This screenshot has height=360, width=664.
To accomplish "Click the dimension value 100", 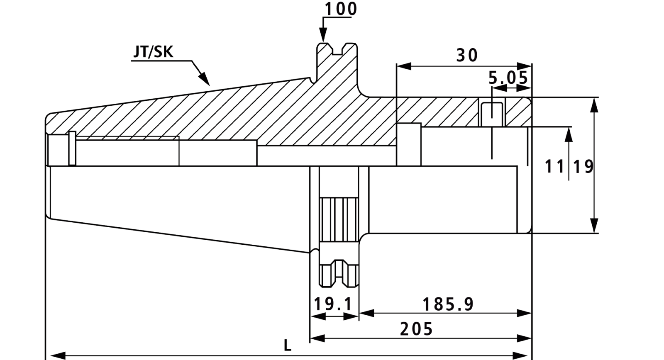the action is (341, 9).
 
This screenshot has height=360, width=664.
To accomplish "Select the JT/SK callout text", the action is (153, 52).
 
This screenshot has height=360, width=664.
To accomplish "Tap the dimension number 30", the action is (467, 55).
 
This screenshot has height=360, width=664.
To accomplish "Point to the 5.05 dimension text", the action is (508, 78).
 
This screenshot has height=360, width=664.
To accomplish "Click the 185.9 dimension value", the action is (448, 304).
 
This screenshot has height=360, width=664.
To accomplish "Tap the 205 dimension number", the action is (417, 329).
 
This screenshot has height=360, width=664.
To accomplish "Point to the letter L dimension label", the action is (288, 345).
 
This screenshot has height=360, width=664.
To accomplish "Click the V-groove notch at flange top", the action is (337, 49).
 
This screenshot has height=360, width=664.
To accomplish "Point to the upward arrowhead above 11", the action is (569, 134).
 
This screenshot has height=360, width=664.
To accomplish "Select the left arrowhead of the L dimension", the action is (58, 355).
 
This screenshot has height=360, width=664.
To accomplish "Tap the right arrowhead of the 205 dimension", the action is (524, 338).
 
